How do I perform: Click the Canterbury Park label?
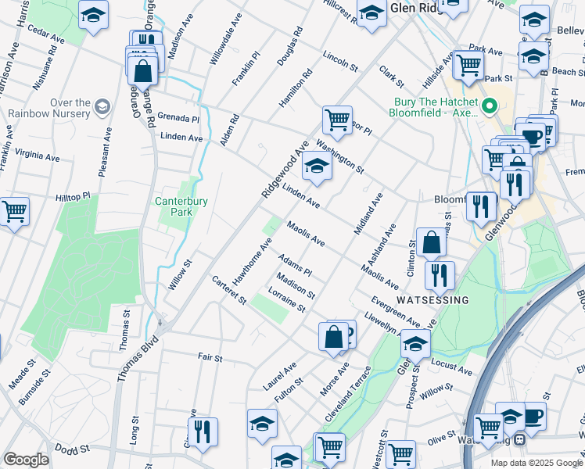coord(181,206)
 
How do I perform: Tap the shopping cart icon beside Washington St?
coord(337,121)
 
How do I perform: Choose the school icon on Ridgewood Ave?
coord(316,166)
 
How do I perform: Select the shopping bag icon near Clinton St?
coord(431,243)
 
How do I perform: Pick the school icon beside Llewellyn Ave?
coord(415,342)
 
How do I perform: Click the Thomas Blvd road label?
coord(138,360)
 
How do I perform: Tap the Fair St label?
coord(210,358)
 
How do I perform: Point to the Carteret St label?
coord(229,289)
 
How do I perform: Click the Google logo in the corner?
coord(26,460)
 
